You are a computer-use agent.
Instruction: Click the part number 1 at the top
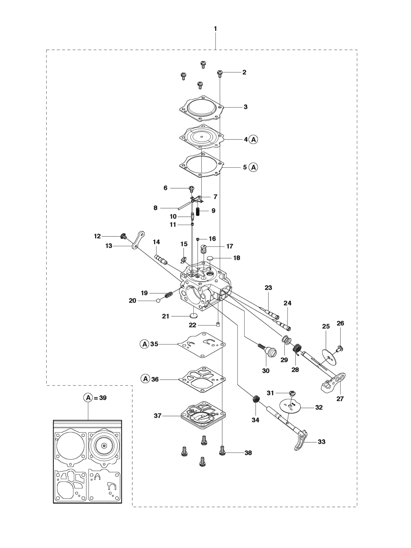coord(216,29)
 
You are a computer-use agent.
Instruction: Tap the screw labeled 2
coord(220,74)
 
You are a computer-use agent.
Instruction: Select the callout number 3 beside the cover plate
coord(246,107)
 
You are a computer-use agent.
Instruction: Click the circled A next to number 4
coord(253,140)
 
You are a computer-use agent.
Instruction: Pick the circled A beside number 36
coord(145,379)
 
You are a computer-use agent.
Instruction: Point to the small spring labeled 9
coord(198,211)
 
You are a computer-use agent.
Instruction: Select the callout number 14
coord(156,242)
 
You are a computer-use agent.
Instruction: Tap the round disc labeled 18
coord(210,258)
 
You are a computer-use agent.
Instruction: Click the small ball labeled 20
coord(158,301)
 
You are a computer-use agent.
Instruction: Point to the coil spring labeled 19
coord(168,295)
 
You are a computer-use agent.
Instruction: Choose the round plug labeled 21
coord(194,315)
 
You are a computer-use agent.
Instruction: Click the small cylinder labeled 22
coord(218,325)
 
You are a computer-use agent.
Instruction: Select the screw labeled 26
coord(340,349)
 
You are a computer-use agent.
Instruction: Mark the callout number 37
coord(158,416)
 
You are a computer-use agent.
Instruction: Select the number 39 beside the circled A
coord(103,405)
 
